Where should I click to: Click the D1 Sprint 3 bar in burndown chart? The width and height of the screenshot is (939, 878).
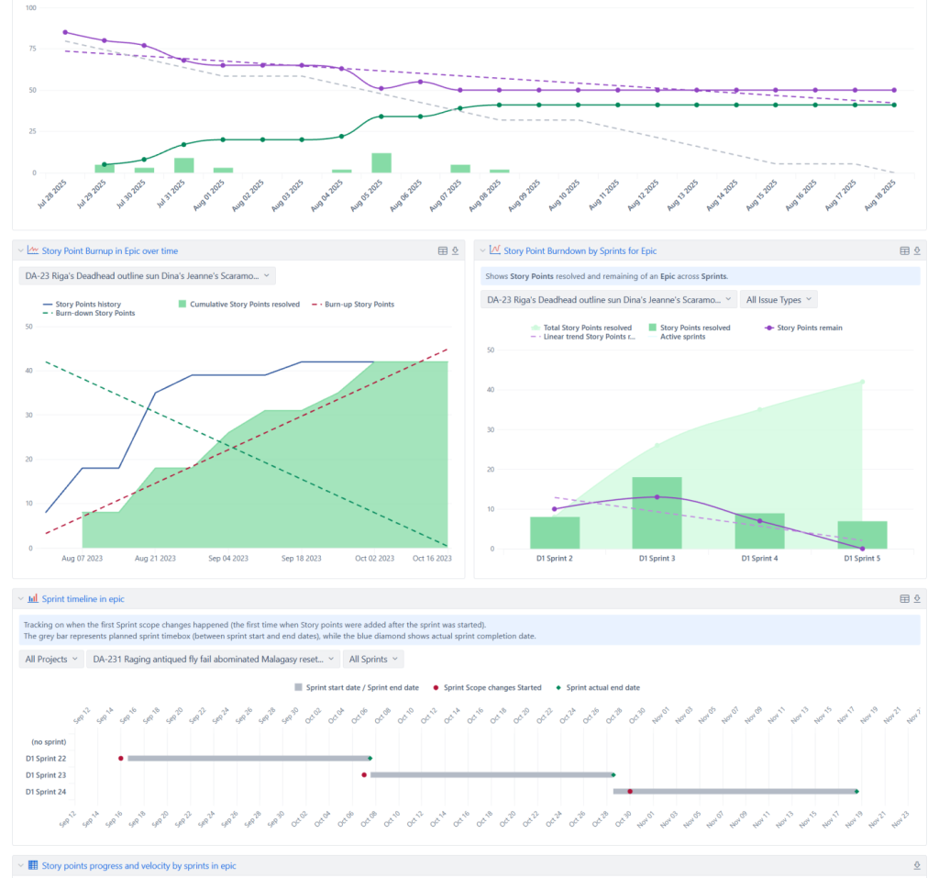coord(656,513)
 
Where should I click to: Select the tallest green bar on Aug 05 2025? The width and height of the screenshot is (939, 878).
coord(381,163)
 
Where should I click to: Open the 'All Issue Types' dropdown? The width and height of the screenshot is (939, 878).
coord(779,299)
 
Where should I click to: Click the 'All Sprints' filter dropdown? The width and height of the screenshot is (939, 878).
coord(373,659)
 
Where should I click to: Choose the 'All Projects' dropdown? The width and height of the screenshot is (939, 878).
coord(50,659)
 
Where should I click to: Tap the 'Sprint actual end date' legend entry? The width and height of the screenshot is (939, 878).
coord(602,687)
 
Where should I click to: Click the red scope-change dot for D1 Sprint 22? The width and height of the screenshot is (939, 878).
coord(121,758)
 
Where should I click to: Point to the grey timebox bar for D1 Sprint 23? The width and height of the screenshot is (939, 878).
coord(490,775)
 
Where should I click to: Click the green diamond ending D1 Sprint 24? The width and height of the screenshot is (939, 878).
coord(856,791)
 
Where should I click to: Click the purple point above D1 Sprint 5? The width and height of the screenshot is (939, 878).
coord(862,549)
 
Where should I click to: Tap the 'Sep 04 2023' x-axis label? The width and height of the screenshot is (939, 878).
coord(229,558)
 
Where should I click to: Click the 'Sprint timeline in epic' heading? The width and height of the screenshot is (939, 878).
coord(83,598)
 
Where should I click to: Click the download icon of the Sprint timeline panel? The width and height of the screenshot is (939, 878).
coord(917,598)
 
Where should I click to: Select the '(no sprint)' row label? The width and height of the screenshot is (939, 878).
coord(48,741)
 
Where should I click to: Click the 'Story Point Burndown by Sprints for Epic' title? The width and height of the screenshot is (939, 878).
coord(580,250)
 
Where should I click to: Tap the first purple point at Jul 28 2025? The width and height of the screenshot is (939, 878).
coord(65,32)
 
